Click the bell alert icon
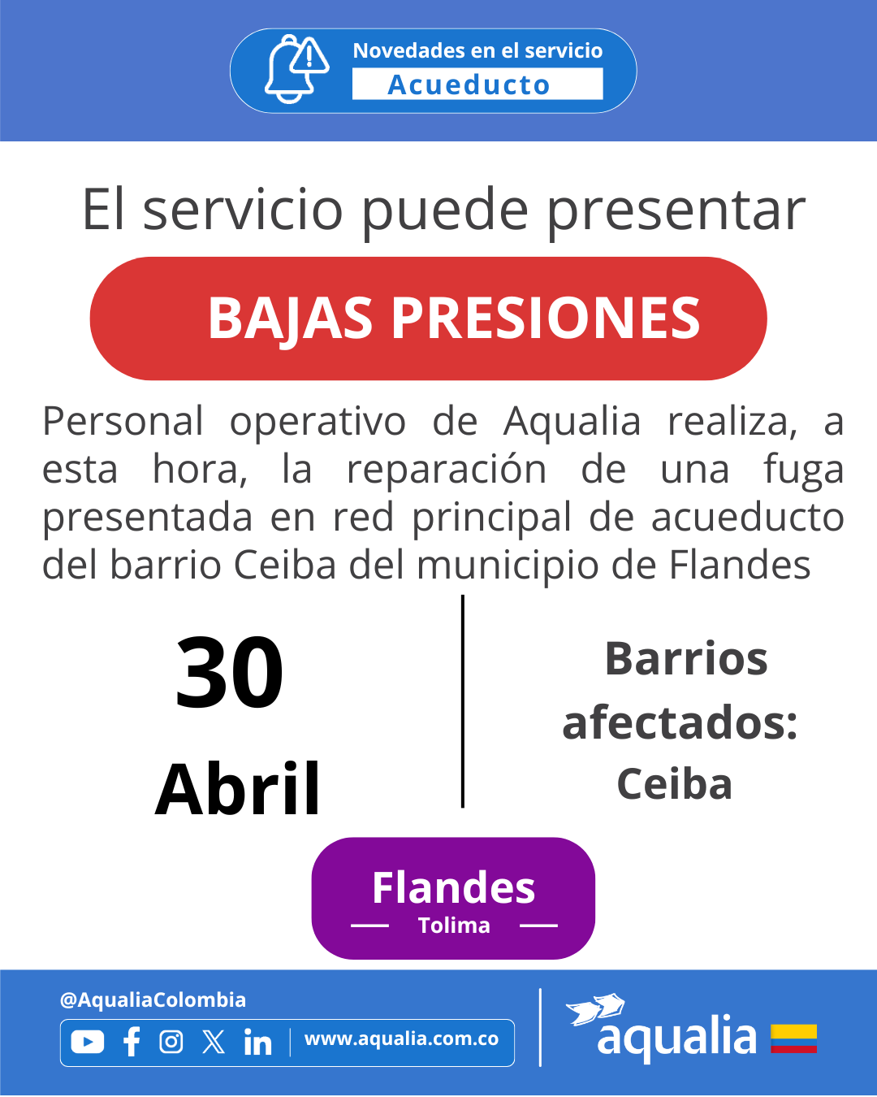pyautogui.click(x=296, y=69)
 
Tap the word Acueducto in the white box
pyautogui.click(x=469, y=85)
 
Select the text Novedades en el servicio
pyautogui.click(x=477, y=50)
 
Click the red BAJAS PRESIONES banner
pyautogui.click(x=428, y=319)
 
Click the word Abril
pyautogui.click(x=237, y=788)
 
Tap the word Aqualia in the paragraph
pyautogui.click(x=572, y=422)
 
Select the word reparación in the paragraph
pyautogui.click(x=447, y=470)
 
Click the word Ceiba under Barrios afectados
pyautogui.click(x=674, y=784)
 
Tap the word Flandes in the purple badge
pyautogui.click(x=454, y=887)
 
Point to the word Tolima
pyautogui.click(x=454, y=926)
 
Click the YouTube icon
pyautogui.click(x=88, y=1041)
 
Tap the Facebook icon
pyautogui.click(x=132, y=1041)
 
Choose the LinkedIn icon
pyautogui.click(x=257, y=1041)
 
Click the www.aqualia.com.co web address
pyautogui.click(x=402, y=1038)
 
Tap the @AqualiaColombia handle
pyautogui.click(x=153, y=1000)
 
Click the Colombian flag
pyautogui.click(x=793, y=1038)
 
